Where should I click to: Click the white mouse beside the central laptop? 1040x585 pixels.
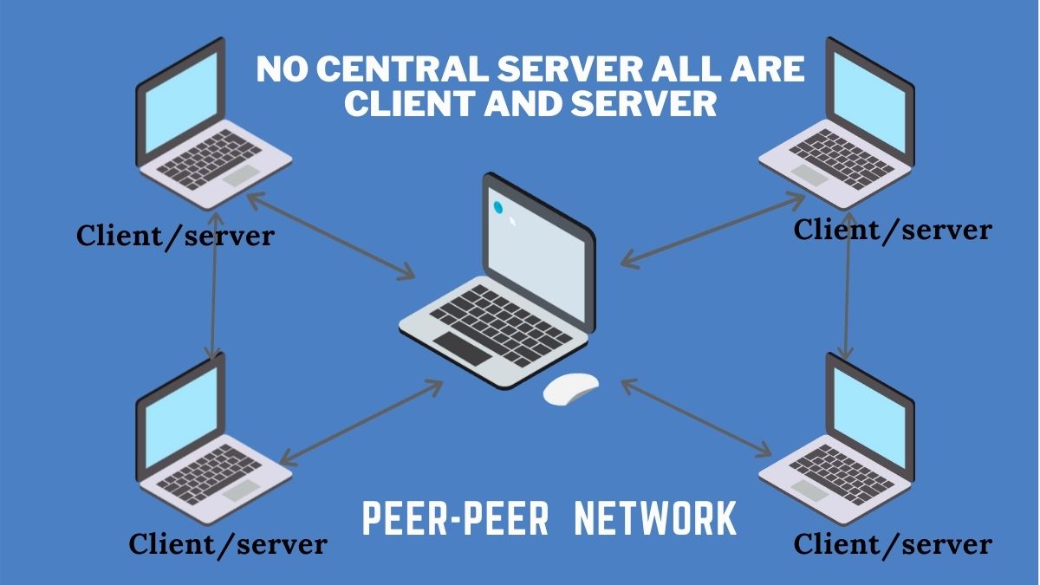coord(571,388)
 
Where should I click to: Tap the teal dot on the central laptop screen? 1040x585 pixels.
coord(498,207)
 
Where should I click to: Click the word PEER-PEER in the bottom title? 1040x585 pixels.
coord(455,518)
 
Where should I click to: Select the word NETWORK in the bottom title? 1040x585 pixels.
coord(656,518)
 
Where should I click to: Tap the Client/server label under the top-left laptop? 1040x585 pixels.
coord(175,235)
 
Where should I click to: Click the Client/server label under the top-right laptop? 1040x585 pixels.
coord(892,230)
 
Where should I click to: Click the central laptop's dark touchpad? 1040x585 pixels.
coord(461,347)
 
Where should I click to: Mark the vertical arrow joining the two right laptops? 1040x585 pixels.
coord(848,295)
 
